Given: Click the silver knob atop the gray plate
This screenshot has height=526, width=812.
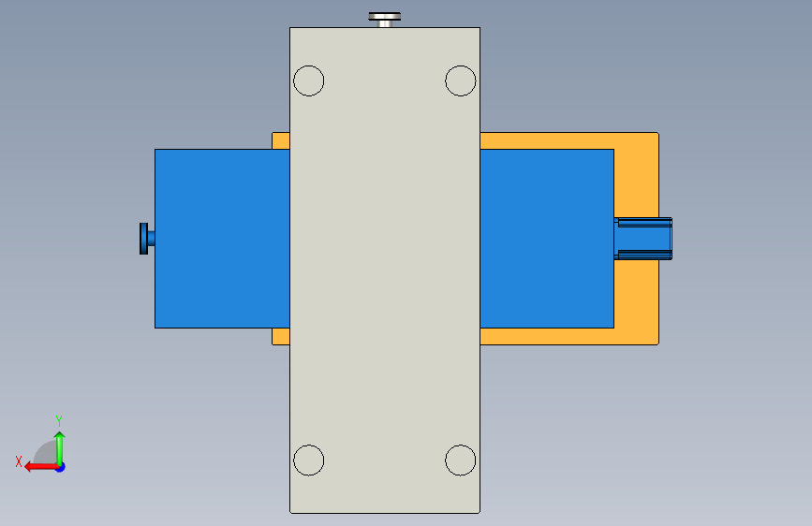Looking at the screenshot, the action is [x=384, y=20].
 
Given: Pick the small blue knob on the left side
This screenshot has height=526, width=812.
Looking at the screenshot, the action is [x=147, y=239].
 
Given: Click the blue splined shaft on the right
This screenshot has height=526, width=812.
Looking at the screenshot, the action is [x=643, y=239].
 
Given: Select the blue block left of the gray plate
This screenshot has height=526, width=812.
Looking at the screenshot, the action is [x=222, y=239].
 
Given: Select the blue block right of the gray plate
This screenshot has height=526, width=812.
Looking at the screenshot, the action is [x=547, y=239].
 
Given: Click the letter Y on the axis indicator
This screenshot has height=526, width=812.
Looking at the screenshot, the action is [x=59, y=420].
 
